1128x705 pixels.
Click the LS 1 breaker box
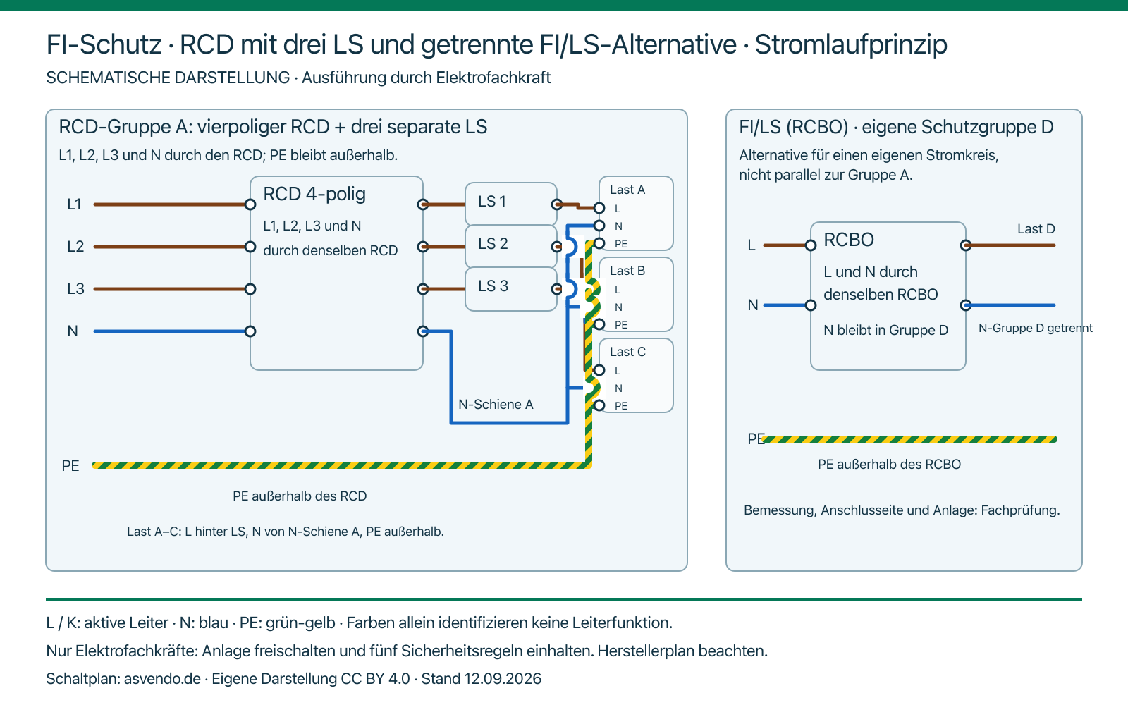(510, 204)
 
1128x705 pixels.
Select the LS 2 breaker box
(510, 246)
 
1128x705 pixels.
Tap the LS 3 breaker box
(510, 288)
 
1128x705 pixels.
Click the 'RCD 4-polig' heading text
(314, 195)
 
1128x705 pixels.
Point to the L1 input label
(74, 204)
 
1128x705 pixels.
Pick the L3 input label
(75, 288)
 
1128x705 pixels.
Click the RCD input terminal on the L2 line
(250, 247)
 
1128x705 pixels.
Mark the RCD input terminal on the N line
(250, 331)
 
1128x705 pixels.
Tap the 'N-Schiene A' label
(496, 405)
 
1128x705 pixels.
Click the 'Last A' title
(627, 190)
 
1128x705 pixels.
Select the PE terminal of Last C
(599, 405)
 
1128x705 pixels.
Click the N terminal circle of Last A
(599, 225)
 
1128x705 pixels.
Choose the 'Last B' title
(627, 271)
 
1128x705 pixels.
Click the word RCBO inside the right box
(849, 240)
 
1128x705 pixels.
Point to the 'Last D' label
(1036, 229)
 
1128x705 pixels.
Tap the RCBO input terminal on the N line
(811, 305)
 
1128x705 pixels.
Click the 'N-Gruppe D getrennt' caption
(1036, 329)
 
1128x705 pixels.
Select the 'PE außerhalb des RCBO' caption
(889, 465)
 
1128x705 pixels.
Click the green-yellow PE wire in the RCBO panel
(909, 439)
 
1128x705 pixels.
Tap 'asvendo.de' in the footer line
(162, 679)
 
